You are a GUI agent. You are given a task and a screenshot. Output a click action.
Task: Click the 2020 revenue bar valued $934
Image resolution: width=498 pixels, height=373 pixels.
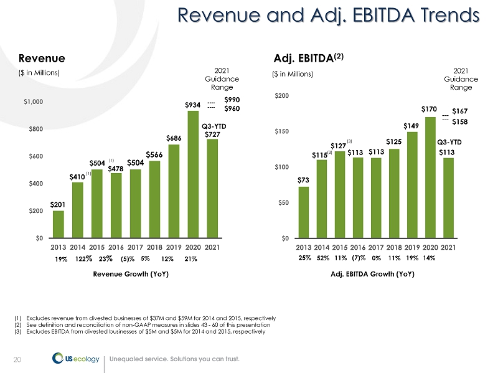tap(193, 174)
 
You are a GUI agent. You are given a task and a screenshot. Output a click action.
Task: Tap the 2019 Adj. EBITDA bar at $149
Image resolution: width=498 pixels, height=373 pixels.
tap(411, 185)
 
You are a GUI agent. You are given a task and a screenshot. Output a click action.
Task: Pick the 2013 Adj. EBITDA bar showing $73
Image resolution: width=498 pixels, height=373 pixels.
tap(303, 212)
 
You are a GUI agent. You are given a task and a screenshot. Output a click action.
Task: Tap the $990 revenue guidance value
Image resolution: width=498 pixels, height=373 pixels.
tap(232, 100)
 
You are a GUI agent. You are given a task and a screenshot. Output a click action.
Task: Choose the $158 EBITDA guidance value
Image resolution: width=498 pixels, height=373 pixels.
tap(461, 121)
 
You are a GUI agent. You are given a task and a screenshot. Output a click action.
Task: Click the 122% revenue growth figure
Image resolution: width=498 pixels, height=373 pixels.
tap(84, 258)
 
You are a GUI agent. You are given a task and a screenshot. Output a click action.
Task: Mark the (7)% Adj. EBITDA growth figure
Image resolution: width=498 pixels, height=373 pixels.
tap(358, 258)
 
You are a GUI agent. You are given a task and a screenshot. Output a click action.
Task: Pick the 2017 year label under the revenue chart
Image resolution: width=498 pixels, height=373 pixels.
tap(135, 247)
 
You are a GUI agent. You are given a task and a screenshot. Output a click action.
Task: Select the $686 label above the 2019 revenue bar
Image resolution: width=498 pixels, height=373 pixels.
tap(174, 137)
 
